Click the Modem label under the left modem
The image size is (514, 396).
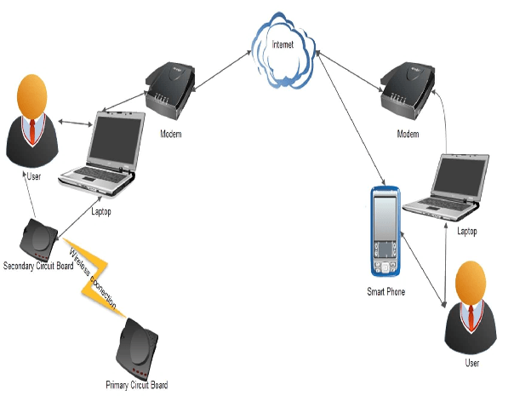[171, 135]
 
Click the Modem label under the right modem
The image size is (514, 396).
[409, 135]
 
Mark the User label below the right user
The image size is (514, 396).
[471, 363]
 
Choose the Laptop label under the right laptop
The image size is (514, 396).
[467, 231]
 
